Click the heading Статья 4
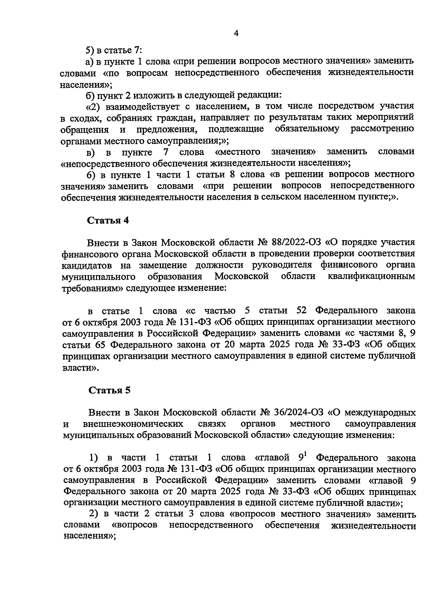[x=108, y=221]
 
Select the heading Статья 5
[x=109, y=390]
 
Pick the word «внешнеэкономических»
[x=133, y=424]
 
